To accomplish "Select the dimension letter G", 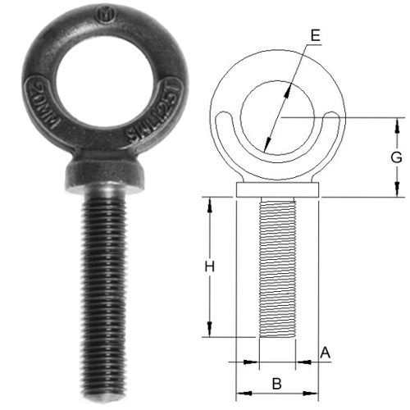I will (395, 156).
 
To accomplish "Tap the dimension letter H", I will (209, 266).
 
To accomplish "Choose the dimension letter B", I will (277, 382).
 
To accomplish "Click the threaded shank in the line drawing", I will (276, 271).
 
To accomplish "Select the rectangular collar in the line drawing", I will (276, 190).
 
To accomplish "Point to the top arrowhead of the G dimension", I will (399, 123).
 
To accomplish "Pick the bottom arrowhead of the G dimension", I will (399, 193).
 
